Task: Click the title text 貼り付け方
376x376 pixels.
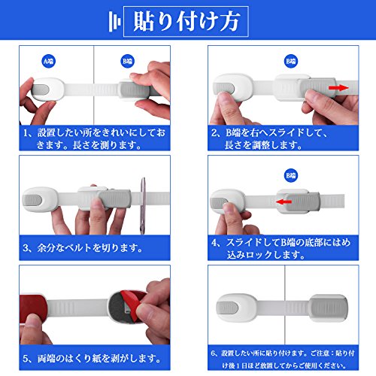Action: (x=186, y=22)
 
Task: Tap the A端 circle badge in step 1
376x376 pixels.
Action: (x=48, y=62)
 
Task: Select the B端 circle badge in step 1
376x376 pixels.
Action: (x=128, y=62)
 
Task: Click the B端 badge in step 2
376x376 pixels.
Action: (x=291, y=62)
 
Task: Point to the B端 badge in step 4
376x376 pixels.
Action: (x=291, y=175)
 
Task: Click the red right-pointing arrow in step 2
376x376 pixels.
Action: (x=338, y=88)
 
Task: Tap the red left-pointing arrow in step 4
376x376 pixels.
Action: (x=284, y=202)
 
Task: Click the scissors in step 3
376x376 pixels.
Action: (x=143, y=205)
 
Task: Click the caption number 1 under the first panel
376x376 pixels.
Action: (x=26, y=133)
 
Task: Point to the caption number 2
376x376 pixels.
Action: (x=214, y=133)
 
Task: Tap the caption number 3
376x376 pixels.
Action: (x=26, y=248)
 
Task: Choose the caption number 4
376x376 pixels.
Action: (x=214, y=242)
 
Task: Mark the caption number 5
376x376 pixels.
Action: (x=26, y=359)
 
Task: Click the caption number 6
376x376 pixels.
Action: (x=214, y=353)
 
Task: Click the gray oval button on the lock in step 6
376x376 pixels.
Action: (x=227, y=308)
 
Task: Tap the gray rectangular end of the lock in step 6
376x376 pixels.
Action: (x=329, y=308)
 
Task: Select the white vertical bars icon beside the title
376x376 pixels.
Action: (x=114, y=22)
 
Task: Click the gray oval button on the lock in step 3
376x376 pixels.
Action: (x=32, y=200)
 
